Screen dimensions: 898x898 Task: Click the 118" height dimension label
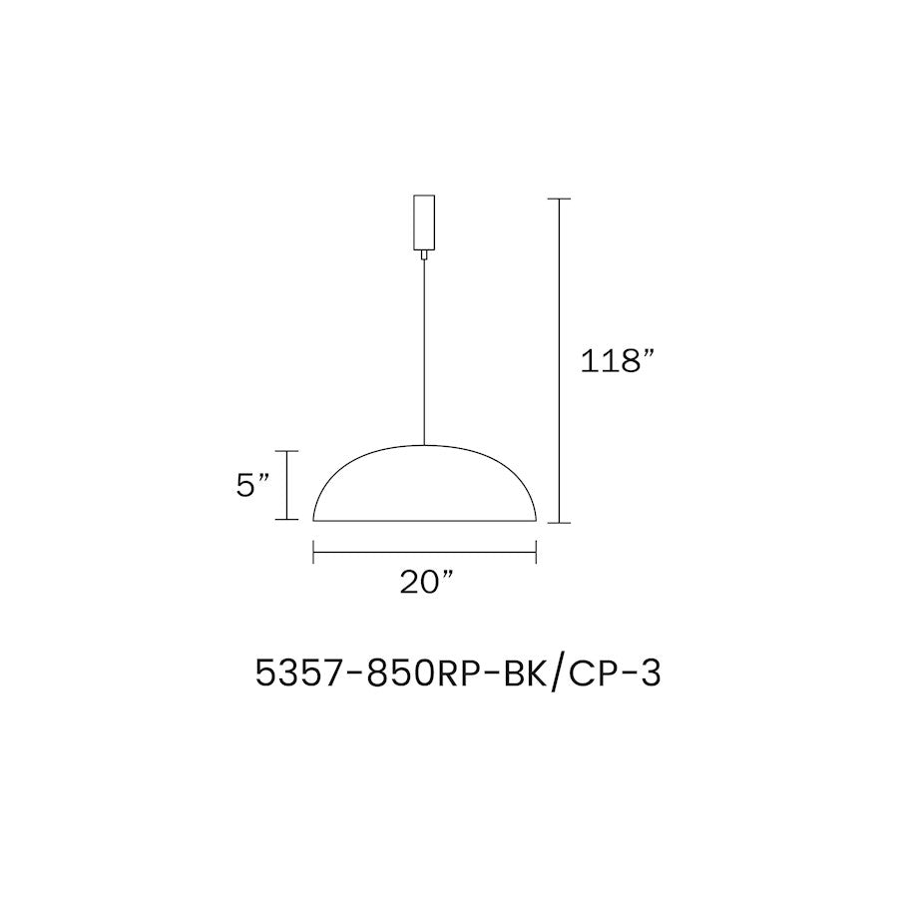coord(617,361)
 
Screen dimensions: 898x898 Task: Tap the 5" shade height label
coord(252,486)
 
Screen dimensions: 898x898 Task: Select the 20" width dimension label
coord(426,583)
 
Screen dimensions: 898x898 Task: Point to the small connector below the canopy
coord(424,254)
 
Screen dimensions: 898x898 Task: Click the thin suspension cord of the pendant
coord(424,352)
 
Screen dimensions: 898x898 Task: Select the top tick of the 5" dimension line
coord(287,451)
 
